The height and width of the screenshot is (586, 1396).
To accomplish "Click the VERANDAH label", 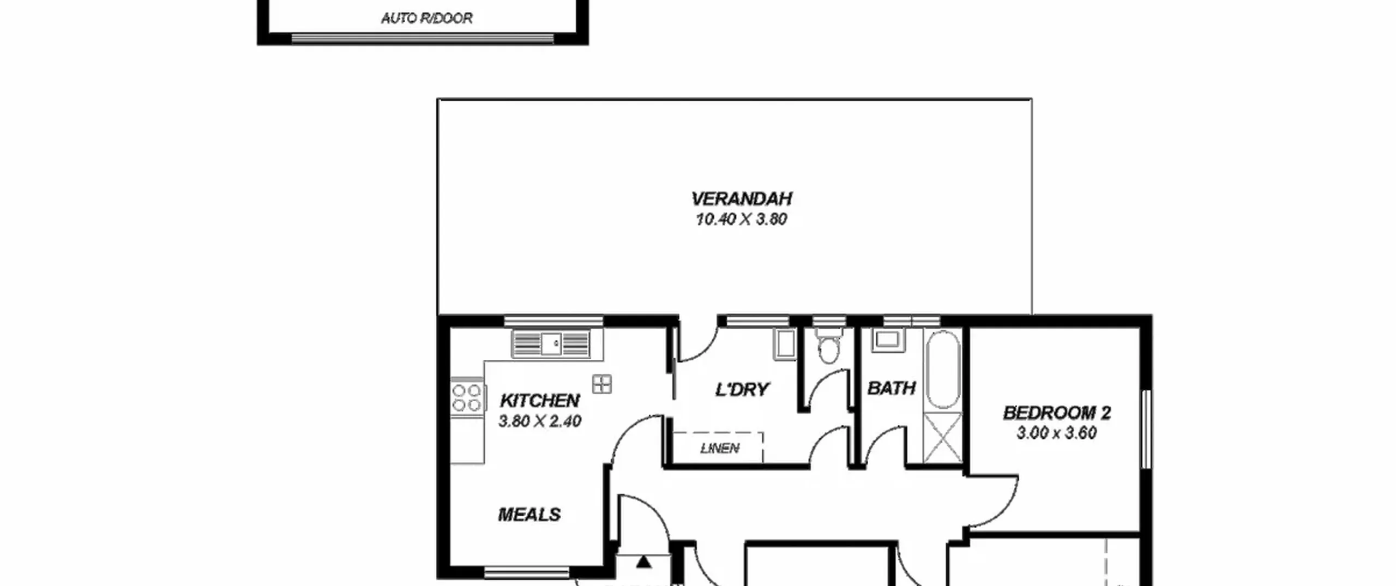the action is pos(742,198).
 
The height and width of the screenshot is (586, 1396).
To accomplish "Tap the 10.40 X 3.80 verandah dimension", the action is pos(741,219).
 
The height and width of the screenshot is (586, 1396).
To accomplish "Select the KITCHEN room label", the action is pos(539,401).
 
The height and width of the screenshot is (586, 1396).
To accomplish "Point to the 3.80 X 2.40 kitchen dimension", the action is pos(540,421).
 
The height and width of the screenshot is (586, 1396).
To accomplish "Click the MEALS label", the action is pos(529,515).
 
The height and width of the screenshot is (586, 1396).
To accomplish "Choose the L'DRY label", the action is pos(742,389).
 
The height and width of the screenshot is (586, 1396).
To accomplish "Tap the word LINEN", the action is pos(720,448).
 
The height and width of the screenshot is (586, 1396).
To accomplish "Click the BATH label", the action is pos(892,388).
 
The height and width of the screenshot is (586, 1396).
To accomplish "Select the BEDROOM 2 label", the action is pos(1057,413).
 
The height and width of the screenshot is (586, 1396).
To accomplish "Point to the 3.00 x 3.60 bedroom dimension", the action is pos(1057,433).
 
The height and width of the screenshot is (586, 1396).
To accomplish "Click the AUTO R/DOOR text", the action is pos(427,19).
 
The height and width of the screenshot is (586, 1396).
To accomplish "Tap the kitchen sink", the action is pos(551,343).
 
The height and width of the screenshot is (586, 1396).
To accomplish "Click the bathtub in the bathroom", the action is pos(943,370).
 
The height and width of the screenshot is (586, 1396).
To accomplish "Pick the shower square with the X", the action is pos(943,438).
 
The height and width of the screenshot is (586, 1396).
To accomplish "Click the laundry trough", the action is pos(785,345).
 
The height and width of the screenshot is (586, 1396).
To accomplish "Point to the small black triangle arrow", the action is pos(643,561).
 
